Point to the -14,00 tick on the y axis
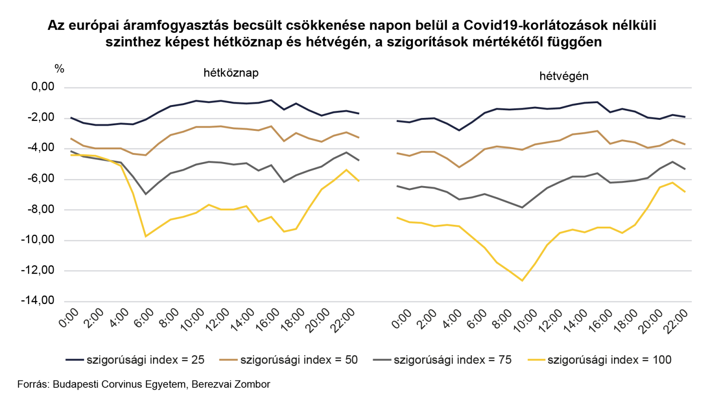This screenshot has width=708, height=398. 37,301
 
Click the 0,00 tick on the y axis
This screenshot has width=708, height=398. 43,87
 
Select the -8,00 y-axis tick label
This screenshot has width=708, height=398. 40,209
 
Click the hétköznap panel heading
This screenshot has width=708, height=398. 231,73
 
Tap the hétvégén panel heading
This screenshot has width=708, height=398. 564,76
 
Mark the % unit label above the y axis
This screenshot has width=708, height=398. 59,69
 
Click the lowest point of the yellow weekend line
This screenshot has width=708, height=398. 522,281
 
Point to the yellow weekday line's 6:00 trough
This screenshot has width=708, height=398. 146,236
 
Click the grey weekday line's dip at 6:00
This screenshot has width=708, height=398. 146,194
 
